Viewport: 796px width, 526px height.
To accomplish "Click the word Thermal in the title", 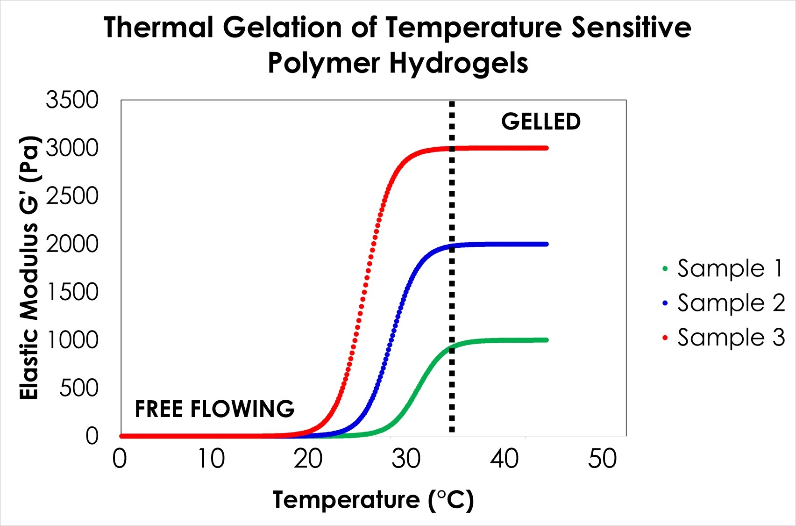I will point(158,27).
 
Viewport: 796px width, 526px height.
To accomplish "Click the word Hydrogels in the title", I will point(459,63).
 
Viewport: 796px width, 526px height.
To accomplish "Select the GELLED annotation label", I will point(541,122).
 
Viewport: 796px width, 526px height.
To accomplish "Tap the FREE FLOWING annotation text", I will point(214,409).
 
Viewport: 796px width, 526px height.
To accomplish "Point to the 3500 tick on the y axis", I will point(72,100).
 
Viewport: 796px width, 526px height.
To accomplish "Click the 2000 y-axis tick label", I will point(72,244).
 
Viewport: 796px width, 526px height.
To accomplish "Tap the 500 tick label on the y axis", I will point(78,388).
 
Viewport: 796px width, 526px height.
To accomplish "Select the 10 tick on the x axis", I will point(211,459).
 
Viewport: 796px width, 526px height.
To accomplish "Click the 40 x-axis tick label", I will point(505,459).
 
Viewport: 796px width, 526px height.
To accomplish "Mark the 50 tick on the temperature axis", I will point(602,459).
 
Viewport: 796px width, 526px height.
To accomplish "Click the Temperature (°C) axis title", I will point(373,500).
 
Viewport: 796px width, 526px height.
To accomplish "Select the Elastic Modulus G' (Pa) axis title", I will point(29,267).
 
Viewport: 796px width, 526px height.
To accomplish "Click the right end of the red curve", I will point(546,148).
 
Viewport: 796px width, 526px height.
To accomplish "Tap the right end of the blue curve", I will point(546,244).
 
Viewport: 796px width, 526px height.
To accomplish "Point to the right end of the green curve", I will point(546,340).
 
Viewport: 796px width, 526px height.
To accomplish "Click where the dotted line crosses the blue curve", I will point(452,246).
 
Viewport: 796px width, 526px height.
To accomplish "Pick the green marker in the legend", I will point(665,269).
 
